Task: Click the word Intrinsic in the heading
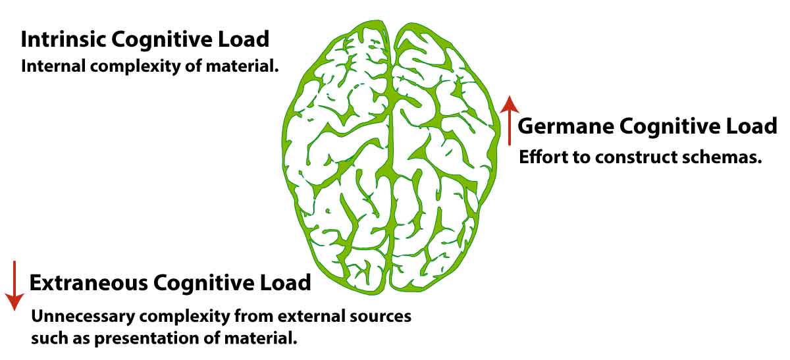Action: tap(64, 39)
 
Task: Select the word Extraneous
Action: tap(88, 283)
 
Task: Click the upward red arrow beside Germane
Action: tap(508, 119)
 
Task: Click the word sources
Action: tap(384, 316)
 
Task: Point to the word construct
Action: tap(643, 157)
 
